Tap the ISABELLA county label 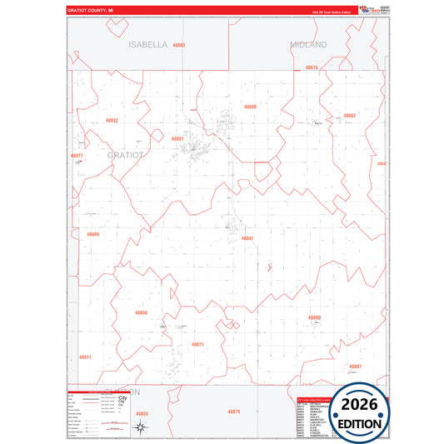pos(148,44)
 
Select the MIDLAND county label pos(308,44)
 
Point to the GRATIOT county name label pos(126,155)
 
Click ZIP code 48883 pos(179,45)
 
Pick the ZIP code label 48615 pos(312,67)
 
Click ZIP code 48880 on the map pos(250,107)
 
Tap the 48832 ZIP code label pos(112,121)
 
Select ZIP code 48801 pos(177,138)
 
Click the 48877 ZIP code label pos(77,156)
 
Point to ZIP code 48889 pos(92,235)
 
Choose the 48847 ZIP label pos(247,238)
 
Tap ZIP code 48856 pos(141,313)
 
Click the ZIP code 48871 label pos(197,344)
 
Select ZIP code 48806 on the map pos(314,317)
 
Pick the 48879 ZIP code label pos(234,412)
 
